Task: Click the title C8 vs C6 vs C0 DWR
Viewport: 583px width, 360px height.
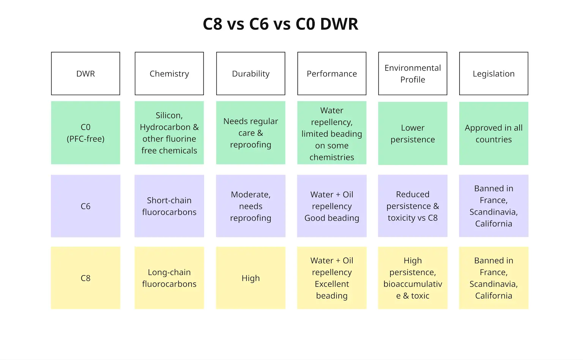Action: click(x=280, y=24)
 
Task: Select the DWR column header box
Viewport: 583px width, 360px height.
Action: click(x=85, y=74)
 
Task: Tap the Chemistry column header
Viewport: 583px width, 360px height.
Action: click(x=169, y=74)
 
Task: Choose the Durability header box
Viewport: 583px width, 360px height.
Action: click(x=251, y=74)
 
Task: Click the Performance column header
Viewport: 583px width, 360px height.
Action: click(x=332, y=74)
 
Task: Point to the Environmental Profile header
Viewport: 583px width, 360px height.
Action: click(x=413, y=74)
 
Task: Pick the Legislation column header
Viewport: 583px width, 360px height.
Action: click(x=493, y=74)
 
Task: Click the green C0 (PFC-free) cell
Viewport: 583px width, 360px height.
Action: click(x=85, y=133)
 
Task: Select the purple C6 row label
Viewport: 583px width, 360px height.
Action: click(x=85, y=206)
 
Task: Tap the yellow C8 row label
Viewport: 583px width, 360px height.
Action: click(x=85, y=278)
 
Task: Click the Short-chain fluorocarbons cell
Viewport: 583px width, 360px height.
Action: click(x=169, y=206)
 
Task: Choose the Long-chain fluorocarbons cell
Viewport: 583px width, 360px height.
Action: click(x=169, y=278)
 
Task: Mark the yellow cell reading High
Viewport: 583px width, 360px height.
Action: click(x=251, y=278)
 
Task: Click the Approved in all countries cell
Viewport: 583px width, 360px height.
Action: click(x=493, y=133)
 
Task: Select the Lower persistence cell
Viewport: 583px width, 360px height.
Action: click(x=413, y=133)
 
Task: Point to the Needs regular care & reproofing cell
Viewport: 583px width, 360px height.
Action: click(x=251, y=133)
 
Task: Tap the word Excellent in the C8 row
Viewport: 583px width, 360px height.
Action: click(x=332, y=284)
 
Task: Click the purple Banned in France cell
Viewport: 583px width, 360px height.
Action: click(x=493, y=206)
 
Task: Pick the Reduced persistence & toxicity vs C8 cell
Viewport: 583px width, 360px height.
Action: click(x=413, y=206)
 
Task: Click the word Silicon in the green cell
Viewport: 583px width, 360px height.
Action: click(x=168, y=115)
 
